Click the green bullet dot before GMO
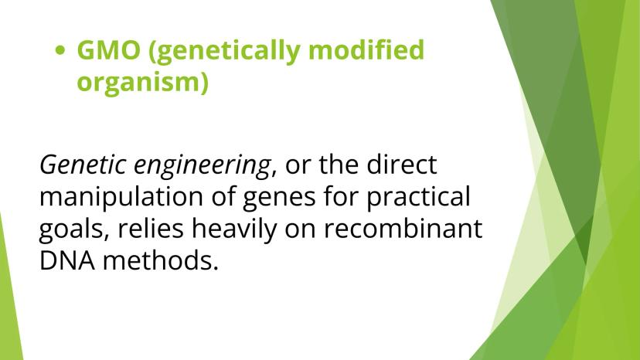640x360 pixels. pyautogui.click(x=60, y=50)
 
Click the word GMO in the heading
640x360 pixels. pyautogui.click(x=108, y=49)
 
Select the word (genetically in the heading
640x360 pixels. pyautogui.click(x=224, y=52)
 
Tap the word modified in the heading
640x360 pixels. pyautogui.click(x=366, y=49)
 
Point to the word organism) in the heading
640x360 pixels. pyautogui.click(x=142, y=83)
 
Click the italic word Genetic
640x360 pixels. pyautogui.click(x=83, y=165)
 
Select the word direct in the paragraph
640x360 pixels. pyautogui.click(x=402, y=165)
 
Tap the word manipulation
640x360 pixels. pyautogui.click(x=121, y=198)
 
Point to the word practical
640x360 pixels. pyautogui.click(x=418, y=198)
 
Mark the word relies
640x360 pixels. pyautogui.click(x=151, y=228)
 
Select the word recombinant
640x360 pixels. pyautogui.click(x=403, y=228)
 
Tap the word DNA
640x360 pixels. pyautogui.click(x=67, y=261)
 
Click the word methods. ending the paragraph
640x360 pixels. pyautogui.click(x=161, y=260)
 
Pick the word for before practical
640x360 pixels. pyautogui.click(x=340, y=196)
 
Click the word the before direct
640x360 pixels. pyautogui.click(x=339, y=165)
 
